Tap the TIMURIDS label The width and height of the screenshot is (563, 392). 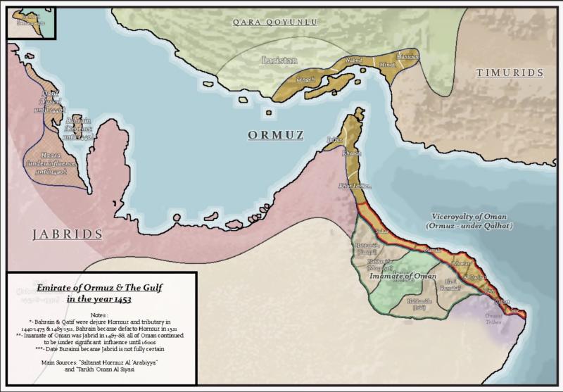point(510,72)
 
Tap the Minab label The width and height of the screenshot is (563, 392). point(388,65)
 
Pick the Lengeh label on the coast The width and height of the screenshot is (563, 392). point(307,80)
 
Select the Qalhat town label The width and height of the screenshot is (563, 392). point(502,301)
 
